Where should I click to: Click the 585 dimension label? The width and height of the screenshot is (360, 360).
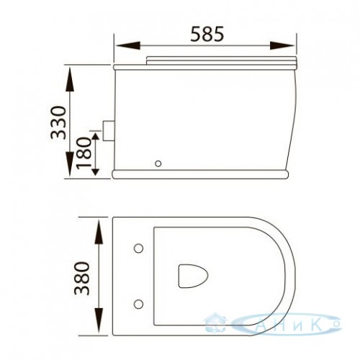(x=207, y=34)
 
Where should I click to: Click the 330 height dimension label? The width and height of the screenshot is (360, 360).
(x=58, y=122)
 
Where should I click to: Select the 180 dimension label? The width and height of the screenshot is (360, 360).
(x=84, y=153)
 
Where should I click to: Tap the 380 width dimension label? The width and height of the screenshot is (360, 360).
(x=81, y=278)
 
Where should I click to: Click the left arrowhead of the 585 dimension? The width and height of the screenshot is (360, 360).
(x=127, y=45)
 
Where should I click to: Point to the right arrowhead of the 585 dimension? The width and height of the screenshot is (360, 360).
(x=282, y=45)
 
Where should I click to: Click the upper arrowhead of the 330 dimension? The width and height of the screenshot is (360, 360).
(x=70, y=79)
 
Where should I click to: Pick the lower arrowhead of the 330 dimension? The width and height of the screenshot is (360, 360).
(x=70, y=164)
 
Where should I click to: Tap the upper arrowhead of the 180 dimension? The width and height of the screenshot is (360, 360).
(x=96, y=137)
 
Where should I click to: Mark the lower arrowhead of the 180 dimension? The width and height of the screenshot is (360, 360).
(x=96, y=172)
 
